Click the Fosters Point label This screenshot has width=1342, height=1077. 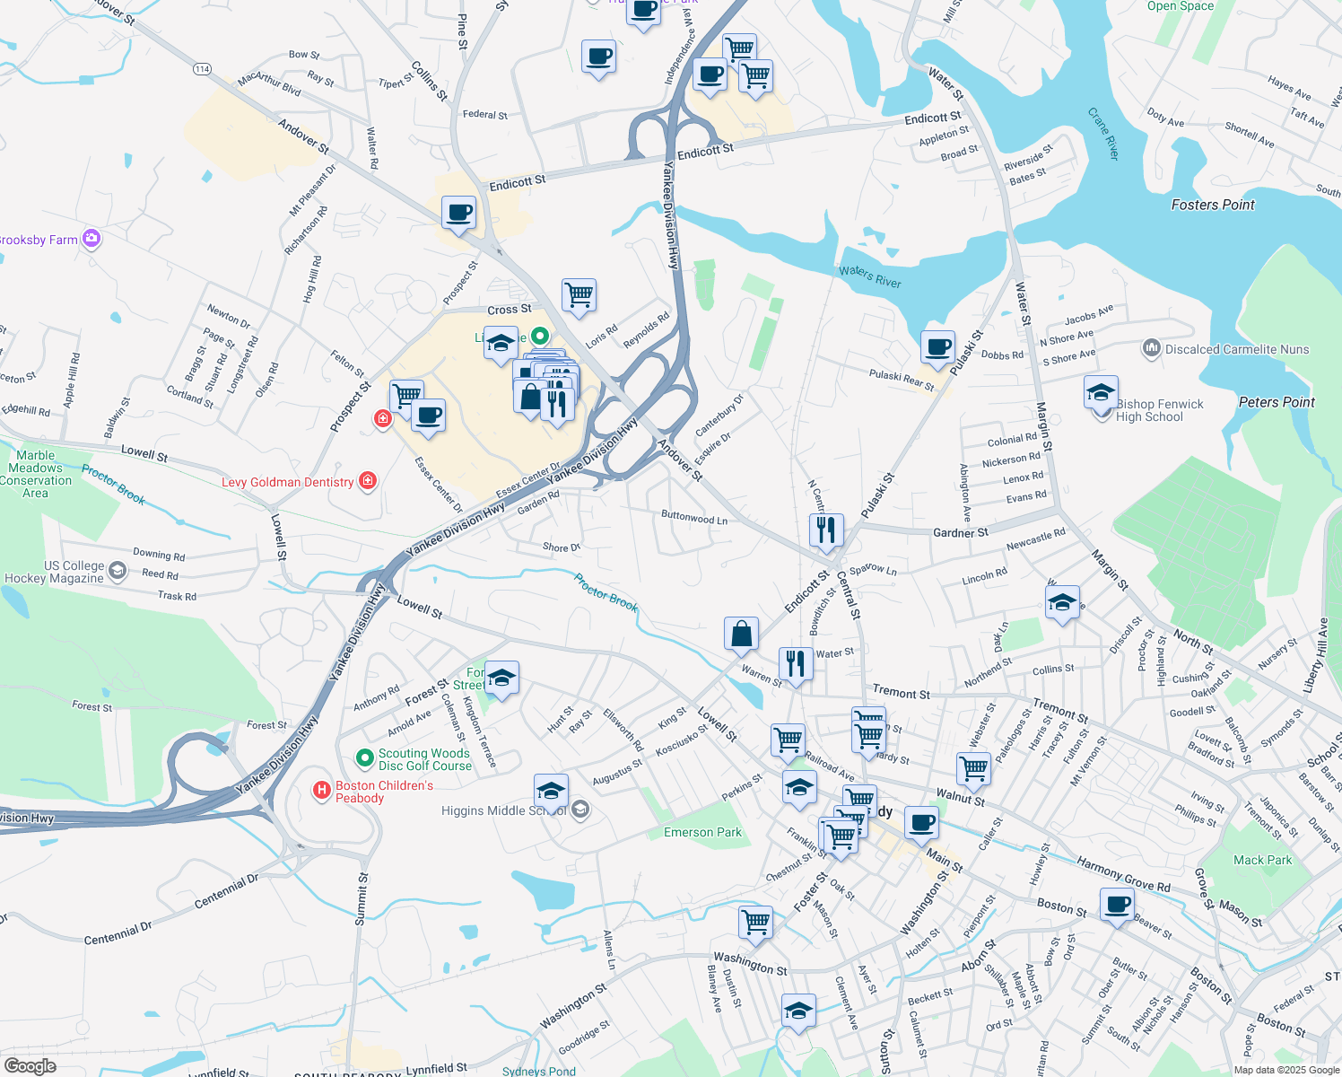1213,205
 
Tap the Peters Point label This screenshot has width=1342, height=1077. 1276,402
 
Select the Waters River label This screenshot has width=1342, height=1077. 869,276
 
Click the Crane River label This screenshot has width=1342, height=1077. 1103,135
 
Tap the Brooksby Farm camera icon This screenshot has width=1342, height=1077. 91,239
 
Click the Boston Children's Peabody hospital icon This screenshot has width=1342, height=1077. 321,791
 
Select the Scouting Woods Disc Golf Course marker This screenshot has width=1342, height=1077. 364,758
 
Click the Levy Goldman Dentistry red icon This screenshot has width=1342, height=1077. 367,481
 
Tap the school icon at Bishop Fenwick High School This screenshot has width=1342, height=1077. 1101,393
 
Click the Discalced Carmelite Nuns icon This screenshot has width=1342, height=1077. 1151,348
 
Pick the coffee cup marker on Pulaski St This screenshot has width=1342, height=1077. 938,347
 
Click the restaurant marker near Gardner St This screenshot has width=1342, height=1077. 826,530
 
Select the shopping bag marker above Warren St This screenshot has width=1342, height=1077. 742,634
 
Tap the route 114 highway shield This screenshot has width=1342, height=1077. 201,69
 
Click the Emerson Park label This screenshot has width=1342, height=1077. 702,832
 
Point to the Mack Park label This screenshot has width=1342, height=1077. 1262,860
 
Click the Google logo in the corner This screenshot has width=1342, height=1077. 30,1065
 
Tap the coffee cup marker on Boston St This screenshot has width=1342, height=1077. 1117,905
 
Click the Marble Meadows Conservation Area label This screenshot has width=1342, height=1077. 36,474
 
